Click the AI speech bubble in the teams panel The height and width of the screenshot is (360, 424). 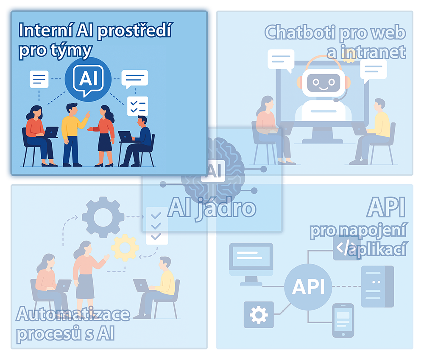(x=88, y=78)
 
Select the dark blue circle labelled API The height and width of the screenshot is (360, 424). (x=308, y=288)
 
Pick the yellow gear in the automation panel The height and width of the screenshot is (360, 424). (x=125, y=248)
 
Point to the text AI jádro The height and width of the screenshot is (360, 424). (x=212, y=208)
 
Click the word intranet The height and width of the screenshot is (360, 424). (x=373, y=52)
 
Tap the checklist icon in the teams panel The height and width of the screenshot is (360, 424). (x=137, y=106)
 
